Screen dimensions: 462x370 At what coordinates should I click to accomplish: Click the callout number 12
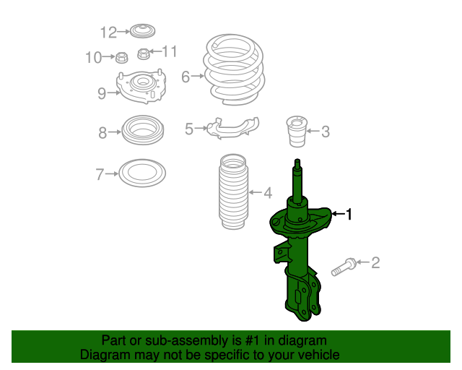coord(108,33)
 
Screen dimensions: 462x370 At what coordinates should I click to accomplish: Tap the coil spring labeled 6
coord(234,69)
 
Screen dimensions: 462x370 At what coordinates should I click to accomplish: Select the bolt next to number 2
coord(344,267)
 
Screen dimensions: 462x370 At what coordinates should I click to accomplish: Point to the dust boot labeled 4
coord(233,192)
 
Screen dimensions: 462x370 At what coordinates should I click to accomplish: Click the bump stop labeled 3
coord(297,132)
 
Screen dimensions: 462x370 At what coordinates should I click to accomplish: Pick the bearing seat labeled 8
coord(143,130)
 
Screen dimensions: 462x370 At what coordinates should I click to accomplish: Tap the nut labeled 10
coord(121,57)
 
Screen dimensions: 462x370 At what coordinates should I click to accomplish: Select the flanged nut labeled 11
coord(144,53)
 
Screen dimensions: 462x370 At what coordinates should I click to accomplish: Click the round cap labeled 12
coord(143,30)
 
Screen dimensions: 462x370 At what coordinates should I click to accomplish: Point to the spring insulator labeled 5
coord(232,127)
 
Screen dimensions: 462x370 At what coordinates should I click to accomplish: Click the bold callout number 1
coord(349,214)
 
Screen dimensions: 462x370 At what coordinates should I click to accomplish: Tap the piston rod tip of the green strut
coord(297,161)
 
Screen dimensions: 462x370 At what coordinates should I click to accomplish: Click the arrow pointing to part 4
coord(256,192)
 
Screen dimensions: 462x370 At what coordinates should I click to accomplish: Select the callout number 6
coord(186,77)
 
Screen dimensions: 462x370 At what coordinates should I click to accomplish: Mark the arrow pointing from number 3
coord(313,131)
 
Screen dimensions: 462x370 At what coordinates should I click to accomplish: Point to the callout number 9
coord(102,93)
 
